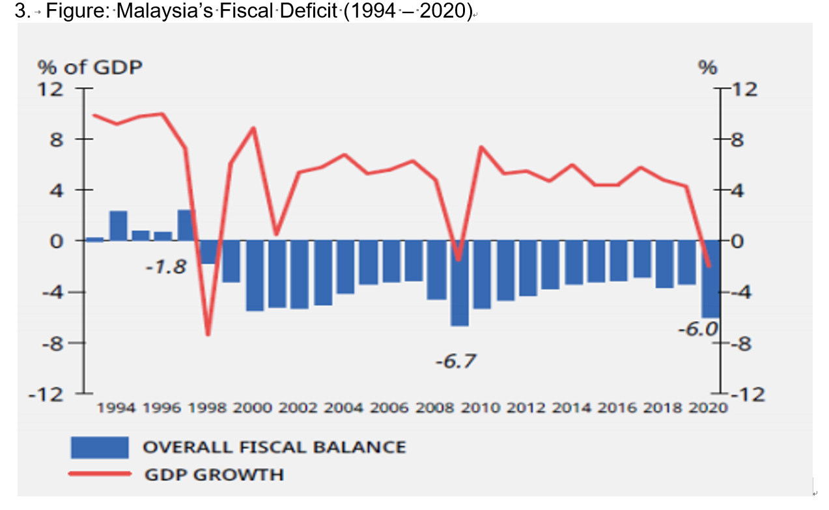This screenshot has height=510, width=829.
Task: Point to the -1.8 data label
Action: pyautogui.click(x=165, y=267)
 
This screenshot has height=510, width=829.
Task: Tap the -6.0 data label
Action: pyautogui.click(x=697, y=329)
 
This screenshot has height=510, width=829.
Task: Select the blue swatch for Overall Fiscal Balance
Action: pyautogui.click(x=100, y=447)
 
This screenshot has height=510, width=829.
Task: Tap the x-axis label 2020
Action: pyautogui.click(x=708, y=408)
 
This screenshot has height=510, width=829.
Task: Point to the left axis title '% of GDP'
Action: pyautogui.click(x=90, y=67)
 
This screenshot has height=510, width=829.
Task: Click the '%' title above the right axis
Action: pyautogui.click(x=708, y=67)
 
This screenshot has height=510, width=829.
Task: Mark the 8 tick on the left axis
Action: pyautogui.click(x=57, y=139)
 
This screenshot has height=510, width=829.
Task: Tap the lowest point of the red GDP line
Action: pyautogui.click(x=208, y=334)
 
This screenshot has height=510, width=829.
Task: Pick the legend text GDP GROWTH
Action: pyautogui.click(x=214, y=474)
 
